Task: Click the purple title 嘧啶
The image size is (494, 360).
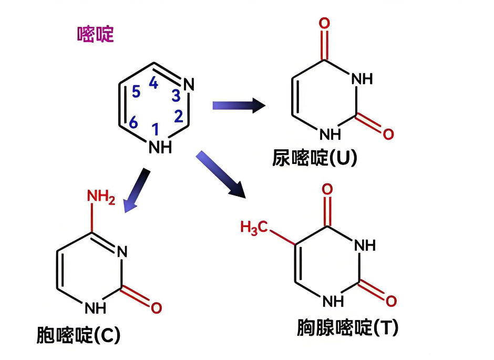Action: point(95,35)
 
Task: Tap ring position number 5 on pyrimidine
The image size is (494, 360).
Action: point(136,92)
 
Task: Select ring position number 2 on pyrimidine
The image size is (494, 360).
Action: point(178,115)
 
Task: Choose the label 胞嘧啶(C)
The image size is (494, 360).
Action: point(79,335)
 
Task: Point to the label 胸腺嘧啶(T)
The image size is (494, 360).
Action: point(347,328)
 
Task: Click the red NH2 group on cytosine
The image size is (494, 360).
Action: point(100,198)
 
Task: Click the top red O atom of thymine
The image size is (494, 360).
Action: point(327,189)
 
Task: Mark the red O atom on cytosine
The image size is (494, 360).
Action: point(156,307)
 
